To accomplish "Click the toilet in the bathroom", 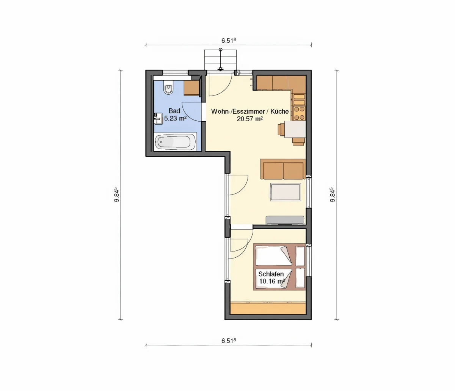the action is (169, 88).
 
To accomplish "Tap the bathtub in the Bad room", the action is (175, 142).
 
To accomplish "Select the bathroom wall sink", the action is (158, 119).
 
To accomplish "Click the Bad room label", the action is (174, 111).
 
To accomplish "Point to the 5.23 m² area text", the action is (176, 118).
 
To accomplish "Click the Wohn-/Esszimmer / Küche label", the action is (250, 111).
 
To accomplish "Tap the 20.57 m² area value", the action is (250, 119).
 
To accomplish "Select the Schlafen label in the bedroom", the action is (271, 274).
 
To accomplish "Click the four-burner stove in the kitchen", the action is (300, 113).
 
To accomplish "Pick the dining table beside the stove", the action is (295, 129).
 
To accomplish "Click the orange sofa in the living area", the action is (283, 169).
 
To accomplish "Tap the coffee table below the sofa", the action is (286, 192).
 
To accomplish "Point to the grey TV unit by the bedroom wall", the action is (285, 221).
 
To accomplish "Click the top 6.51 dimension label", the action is (229, 41).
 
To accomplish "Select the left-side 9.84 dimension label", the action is (116, 195).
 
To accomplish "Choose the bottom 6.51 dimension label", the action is (229, 341).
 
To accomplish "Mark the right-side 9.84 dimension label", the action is (333, 195).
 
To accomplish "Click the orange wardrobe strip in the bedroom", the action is (268, 308).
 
